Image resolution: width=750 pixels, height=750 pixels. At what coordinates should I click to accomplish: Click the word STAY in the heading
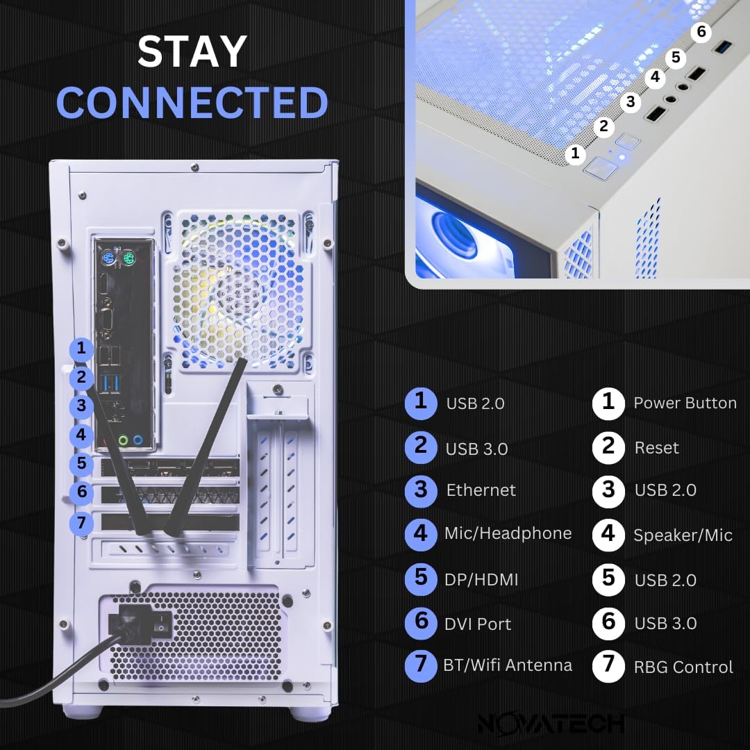(192, 52)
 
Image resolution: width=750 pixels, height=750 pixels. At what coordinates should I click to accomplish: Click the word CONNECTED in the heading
(192, 102)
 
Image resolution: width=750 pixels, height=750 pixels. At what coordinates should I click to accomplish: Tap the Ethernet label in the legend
(481, 490)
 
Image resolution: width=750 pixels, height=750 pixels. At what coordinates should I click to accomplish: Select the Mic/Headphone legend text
(508, 533)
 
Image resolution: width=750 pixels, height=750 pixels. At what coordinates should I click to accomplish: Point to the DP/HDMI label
(481, 580)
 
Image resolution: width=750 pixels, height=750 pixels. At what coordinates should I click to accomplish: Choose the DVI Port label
(478, 624)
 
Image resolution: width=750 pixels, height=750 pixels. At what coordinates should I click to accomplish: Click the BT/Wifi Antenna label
(508, 665)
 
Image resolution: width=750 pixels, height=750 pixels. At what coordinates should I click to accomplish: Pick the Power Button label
(685, 403)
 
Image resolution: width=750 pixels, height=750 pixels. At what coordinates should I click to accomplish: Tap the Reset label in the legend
(656, 448)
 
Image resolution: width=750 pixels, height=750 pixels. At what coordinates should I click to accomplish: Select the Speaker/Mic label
(683, 535)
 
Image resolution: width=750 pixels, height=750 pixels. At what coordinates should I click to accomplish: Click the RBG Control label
(683, 667)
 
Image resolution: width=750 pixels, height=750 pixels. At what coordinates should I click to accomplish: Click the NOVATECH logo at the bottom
(551, 724)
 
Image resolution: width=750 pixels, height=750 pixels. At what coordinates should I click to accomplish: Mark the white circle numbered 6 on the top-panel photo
(701, 32)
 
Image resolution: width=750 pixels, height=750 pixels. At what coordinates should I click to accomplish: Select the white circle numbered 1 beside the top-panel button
(575, 153)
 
